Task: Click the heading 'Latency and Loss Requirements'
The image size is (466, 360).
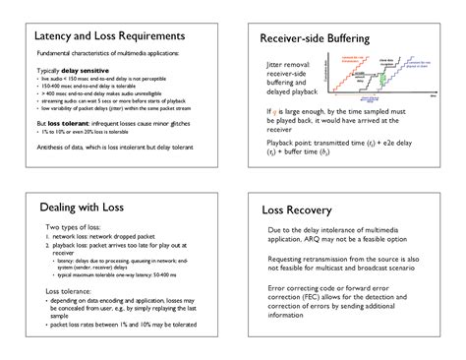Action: [108, 36]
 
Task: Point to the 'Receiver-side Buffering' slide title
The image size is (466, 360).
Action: [314, 39]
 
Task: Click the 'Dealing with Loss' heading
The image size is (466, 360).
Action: [83, 208]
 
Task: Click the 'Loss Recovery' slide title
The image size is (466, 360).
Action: [304, 210]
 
